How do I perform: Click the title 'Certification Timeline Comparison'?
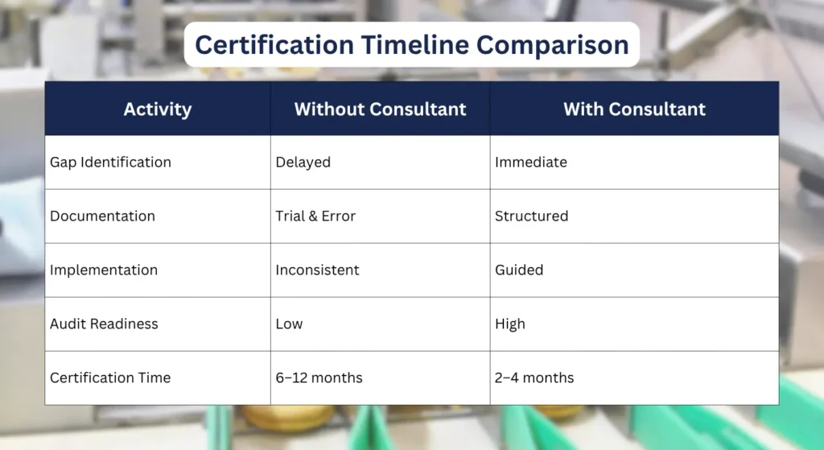coord(411,44)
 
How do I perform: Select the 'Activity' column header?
coord(158,109)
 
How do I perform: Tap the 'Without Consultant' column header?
coord(380,109)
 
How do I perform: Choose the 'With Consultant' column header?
coord(634,109)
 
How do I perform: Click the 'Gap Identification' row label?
coord(110,162)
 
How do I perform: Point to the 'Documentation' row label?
coord(102,216)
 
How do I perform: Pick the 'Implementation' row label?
coord(104,270)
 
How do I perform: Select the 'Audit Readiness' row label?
coord(104,324)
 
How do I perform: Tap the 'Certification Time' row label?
coord(110,378)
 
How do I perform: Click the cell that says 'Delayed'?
coord(303,162)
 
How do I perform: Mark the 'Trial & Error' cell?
coord(315,216)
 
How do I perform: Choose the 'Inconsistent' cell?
coord(316,270)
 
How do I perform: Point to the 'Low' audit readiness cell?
coord(289,324)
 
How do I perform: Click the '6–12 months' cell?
coord(319,378)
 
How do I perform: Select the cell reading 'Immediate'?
coord(530,162)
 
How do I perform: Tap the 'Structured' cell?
coord(531,216)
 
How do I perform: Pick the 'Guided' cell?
coord(519,270)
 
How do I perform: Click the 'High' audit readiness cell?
coord(509,324)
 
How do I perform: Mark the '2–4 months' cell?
coord(534,378)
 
